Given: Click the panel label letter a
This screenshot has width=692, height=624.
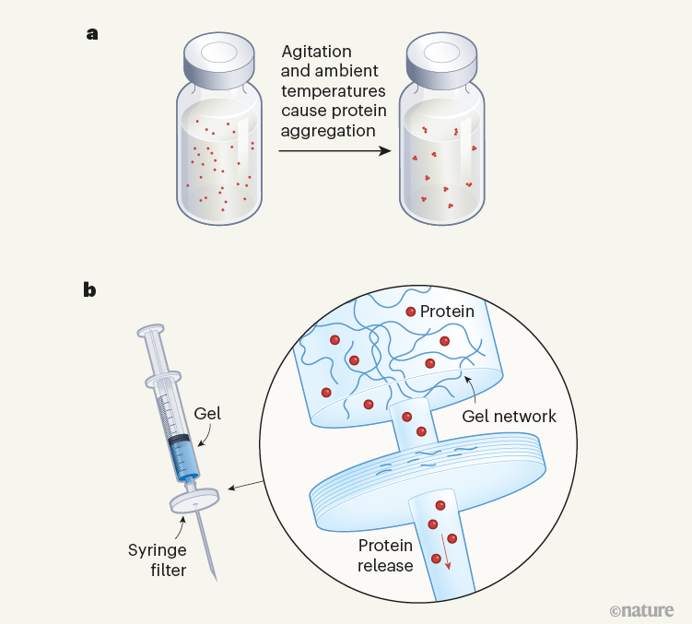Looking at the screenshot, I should click(91, 34).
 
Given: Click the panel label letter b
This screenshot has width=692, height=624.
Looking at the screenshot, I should click(90, 290).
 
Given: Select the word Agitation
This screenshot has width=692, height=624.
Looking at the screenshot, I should click(316, 53).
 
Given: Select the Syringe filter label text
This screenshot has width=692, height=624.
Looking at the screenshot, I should click(157, 559).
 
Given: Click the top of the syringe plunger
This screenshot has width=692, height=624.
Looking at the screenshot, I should click(150, 329).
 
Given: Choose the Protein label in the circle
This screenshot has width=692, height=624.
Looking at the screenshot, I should click(447, 312).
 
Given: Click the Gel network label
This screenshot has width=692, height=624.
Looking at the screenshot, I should click(511, 416).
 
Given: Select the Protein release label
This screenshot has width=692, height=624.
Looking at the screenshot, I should click(385, 555).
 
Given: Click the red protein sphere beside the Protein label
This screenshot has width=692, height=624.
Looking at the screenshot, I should click(410, 312).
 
